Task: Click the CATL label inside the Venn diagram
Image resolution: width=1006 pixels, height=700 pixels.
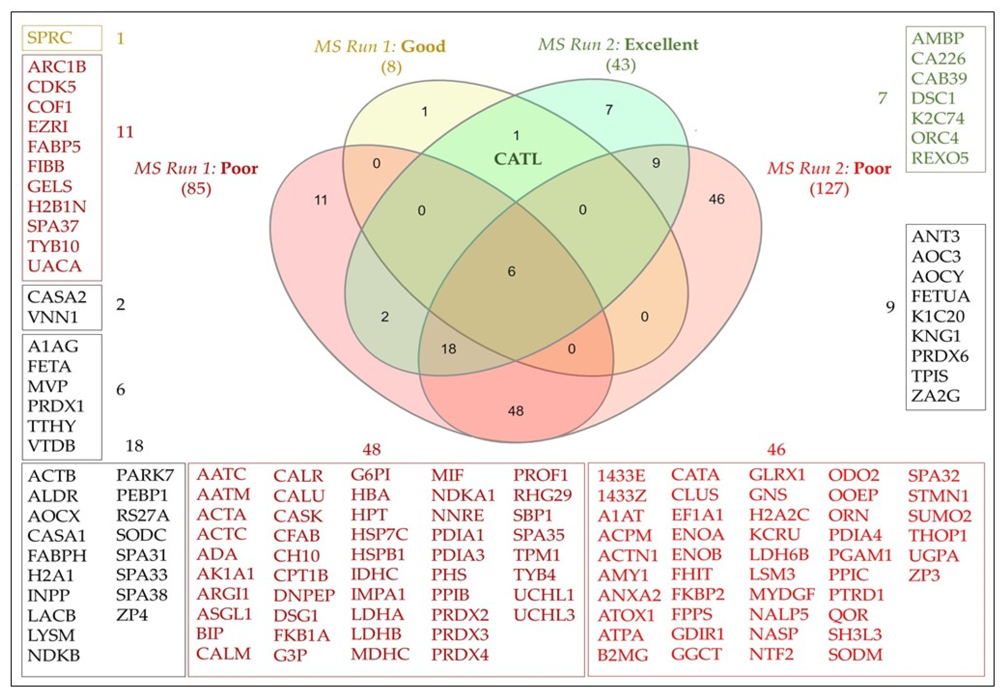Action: (x=518, y=159)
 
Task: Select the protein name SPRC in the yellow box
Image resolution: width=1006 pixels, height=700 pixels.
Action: (x=49, y=38)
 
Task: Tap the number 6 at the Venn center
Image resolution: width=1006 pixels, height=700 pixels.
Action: (x=511, y=271)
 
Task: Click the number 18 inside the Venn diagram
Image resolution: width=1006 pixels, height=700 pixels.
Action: (x=449, y=349)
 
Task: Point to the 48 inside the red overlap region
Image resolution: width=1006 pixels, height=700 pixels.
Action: (x=516, y=411)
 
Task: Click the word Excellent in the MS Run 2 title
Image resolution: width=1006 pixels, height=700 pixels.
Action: (x=661, y=44)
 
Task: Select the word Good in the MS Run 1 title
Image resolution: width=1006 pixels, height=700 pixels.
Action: (x=423, y=46)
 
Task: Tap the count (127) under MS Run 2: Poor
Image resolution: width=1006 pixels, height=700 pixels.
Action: (x=829, y=188)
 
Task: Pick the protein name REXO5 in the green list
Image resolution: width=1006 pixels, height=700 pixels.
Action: (x=939, y=158)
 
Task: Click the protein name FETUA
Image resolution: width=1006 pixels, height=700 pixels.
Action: (x=940, y=296)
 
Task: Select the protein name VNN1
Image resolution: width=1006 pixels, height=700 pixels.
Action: (x=52, y=317)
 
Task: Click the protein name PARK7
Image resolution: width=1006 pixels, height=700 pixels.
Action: (x=145, y=475)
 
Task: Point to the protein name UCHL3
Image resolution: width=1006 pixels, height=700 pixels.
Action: (x=543, y=615)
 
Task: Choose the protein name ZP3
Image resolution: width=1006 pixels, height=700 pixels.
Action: (x=924, y=575)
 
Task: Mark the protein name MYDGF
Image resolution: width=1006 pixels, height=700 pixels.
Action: (x=782, y=595)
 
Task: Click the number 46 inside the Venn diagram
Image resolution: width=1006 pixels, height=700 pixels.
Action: (x=716, y=199)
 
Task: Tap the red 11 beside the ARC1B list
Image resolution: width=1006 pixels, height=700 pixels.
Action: (x=125, y=132)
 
